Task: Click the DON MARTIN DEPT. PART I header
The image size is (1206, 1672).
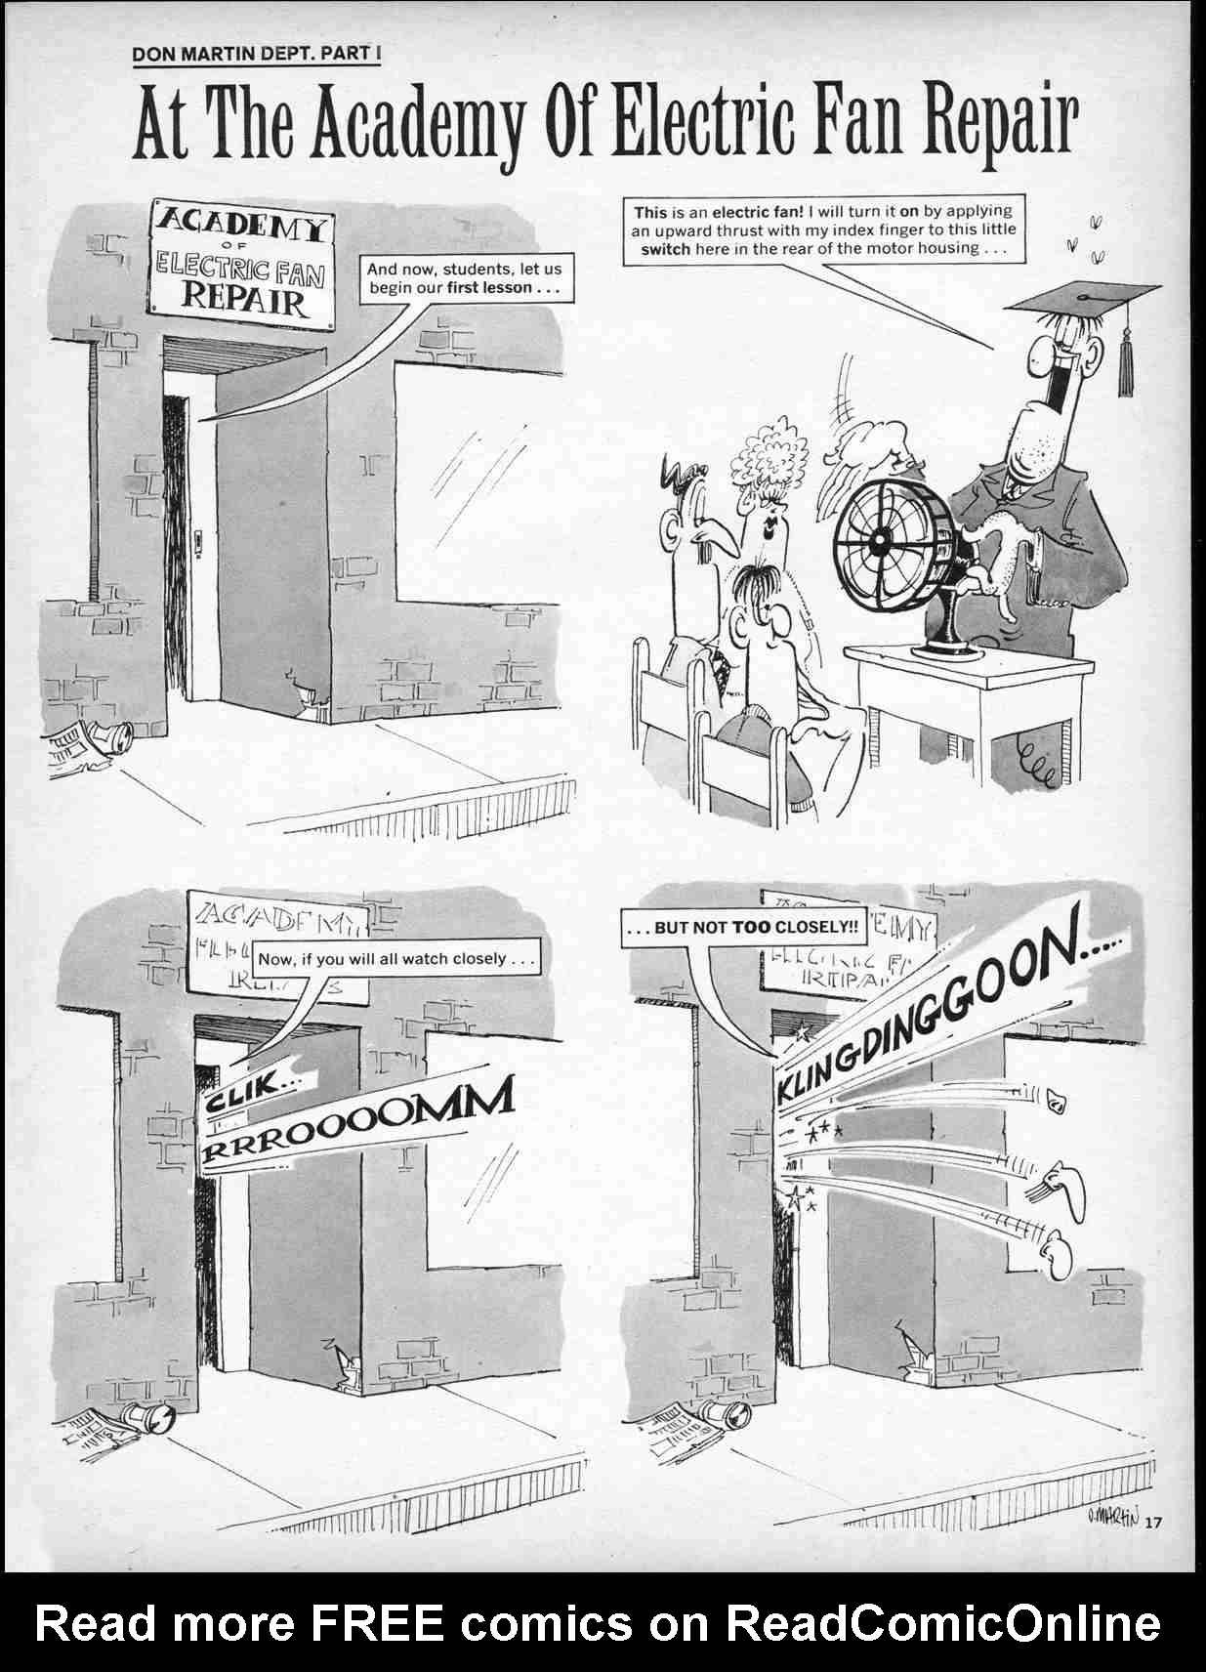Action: [256, 53]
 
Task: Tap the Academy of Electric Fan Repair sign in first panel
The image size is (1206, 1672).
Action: [240, 264]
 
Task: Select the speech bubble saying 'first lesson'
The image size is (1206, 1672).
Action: [464, 278]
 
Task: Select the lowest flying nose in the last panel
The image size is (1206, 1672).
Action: [1059, 1255]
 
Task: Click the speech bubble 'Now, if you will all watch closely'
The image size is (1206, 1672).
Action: [395, 959]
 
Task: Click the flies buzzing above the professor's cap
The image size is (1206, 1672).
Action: [1086, 239]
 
